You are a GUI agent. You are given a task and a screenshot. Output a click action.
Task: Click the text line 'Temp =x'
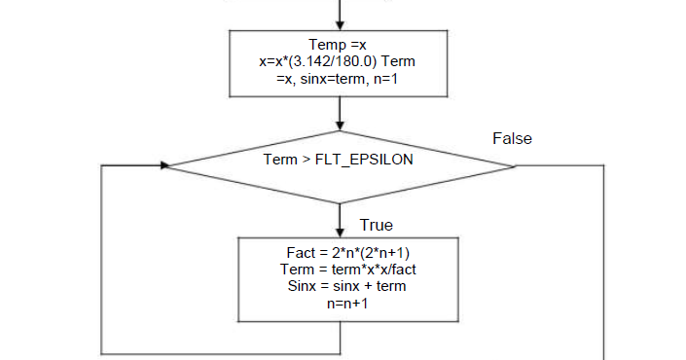(x=338, y=45)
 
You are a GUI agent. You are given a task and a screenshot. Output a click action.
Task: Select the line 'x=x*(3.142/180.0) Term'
(x=338, y=60)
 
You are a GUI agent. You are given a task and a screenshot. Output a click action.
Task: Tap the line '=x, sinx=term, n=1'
(x=338, y=77)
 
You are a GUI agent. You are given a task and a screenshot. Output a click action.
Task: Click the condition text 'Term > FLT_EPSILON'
(x=339, y=159)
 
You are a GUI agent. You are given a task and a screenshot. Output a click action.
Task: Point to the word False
(x=512, y=138)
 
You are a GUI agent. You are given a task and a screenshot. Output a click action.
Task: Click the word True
(x=376, y=225)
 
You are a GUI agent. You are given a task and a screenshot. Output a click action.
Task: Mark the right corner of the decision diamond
(x=516, y=164)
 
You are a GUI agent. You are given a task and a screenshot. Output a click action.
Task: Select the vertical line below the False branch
(x=604, y=263)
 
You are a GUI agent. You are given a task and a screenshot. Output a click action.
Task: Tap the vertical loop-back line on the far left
(x=102, y=258)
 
